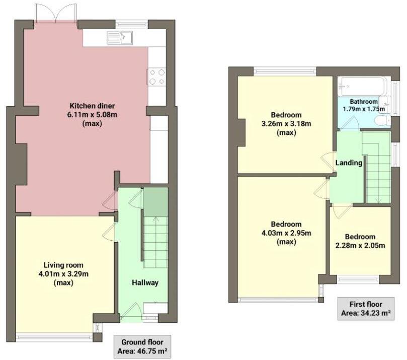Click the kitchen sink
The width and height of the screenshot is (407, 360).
(x=119, y=37)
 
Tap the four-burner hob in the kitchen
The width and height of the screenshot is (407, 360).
(x=156, y=76)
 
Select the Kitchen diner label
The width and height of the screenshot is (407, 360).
(x=92, y=106)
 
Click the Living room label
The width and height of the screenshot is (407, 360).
(x=63, y=265)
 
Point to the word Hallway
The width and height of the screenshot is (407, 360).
(x=146, y=282)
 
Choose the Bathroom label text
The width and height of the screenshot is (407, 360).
(x=363, y=101)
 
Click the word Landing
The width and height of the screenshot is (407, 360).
(x=349, y=163)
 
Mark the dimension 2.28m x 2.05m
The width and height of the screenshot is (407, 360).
(x=360, y=246)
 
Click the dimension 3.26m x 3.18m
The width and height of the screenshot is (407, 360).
(x=286, y=123)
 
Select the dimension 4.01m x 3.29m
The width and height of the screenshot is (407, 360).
(x=63, y=274)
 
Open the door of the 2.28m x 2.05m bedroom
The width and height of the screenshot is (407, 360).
(x=341, y=210)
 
